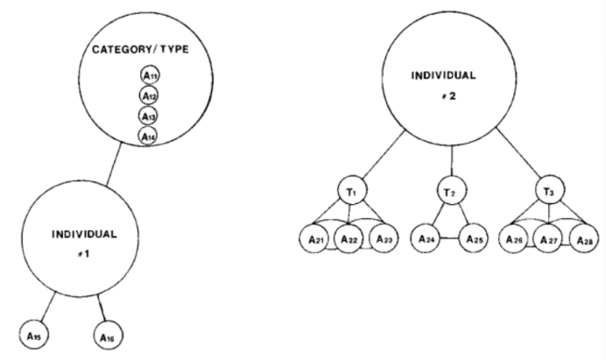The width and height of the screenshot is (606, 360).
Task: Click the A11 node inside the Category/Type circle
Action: click(x=148, y=76)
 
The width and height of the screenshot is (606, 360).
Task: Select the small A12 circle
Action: click(x=148, y=95)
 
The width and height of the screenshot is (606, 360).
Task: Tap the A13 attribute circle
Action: click(x=148, y=116)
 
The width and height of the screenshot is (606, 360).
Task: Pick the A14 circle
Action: click(x=148, y=136)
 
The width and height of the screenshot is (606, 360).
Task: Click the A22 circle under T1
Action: click(x=349, y=238)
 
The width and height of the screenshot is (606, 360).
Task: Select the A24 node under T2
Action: click(x=426, y=238)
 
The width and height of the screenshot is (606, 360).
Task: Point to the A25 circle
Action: click(x=476, y=238)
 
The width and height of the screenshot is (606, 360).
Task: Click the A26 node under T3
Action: click(x=517, y=238)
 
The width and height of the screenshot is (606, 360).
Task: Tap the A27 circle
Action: click(x=550, y=238)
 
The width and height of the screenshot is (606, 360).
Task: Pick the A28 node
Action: click(x=582, y=238)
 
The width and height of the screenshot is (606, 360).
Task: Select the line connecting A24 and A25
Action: click(x=451, y=238)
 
